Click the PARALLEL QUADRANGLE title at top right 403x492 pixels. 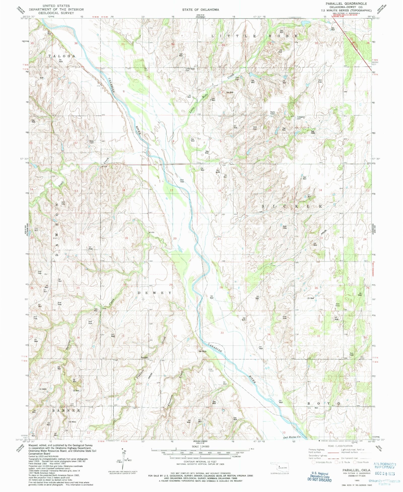tap(346, 4)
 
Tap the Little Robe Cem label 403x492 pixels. tap(190, 69)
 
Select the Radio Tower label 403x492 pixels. tap(273, 113)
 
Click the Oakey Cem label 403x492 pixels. tap(91, 142)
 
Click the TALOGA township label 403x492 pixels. tap(62, 56)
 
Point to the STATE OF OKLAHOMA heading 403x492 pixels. tap(201, 10)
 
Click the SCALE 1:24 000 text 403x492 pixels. tap(200, 446)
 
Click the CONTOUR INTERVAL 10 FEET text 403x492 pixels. tap(200, 462)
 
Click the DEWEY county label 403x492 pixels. tap(158, 293)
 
